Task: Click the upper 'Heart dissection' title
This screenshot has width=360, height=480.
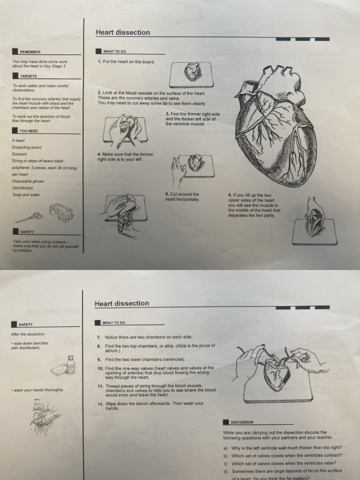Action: tap(123, 32)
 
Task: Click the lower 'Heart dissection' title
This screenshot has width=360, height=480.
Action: tap(122, 303)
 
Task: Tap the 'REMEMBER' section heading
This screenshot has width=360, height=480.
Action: tap(30, 52)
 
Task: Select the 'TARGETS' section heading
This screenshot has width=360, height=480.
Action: tap(28, 75)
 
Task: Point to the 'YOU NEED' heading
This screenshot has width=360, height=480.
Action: tap(29, 131)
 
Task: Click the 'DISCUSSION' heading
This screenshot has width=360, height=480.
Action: tap(242, 422)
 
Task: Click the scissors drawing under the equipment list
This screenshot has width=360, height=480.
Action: tap(29, 217)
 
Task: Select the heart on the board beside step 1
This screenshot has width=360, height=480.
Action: tap(192, 73)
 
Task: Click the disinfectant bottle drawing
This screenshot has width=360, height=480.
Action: tap(70, 364)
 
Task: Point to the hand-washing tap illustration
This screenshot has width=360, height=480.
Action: tap(42, 412)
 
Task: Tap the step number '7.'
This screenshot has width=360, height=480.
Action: tap(99, 337)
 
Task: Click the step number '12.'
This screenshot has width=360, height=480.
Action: tap(100, 403)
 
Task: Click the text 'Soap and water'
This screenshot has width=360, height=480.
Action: tap(26, 195)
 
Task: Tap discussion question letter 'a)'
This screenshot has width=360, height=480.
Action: tap(225, 448)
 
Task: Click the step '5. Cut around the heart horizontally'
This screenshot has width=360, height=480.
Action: tap(182, 197)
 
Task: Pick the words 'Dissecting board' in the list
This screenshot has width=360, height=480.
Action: tap(26, 147)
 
